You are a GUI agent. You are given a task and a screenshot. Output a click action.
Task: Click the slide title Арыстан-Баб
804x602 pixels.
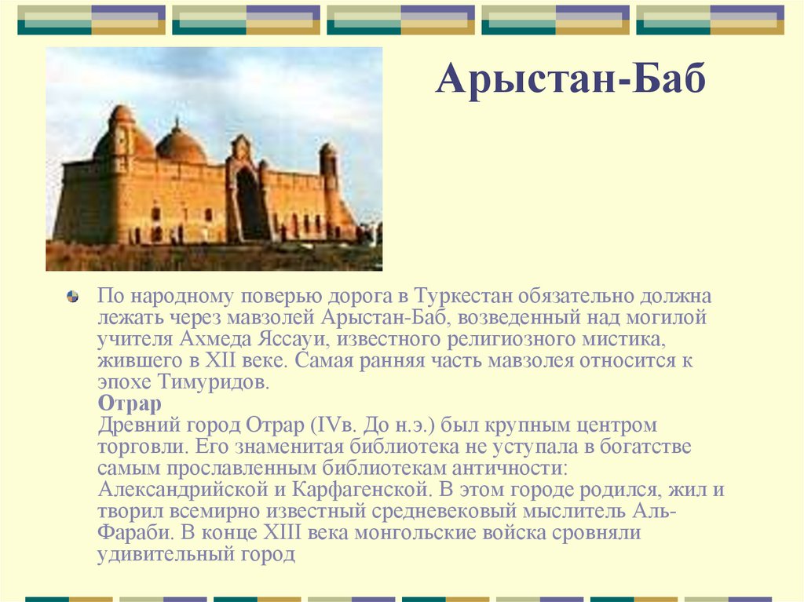pyautogui.click(x=571, y=78)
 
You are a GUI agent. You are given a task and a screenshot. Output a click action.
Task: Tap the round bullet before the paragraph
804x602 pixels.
pyautogui.click(x=73, y=297)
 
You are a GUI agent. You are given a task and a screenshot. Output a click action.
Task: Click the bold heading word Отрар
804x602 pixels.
pyautogui.click(x=130, y=404)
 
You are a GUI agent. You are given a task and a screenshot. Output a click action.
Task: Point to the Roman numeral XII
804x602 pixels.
pyautogui.click(x=221, y=360)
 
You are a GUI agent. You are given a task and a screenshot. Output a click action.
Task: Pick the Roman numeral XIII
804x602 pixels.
pyautogui.click(x=282, y=532)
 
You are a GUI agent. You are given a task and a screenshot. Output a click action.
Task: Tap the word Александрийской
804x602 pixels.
pyautogui.click(x=183, y=490)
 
